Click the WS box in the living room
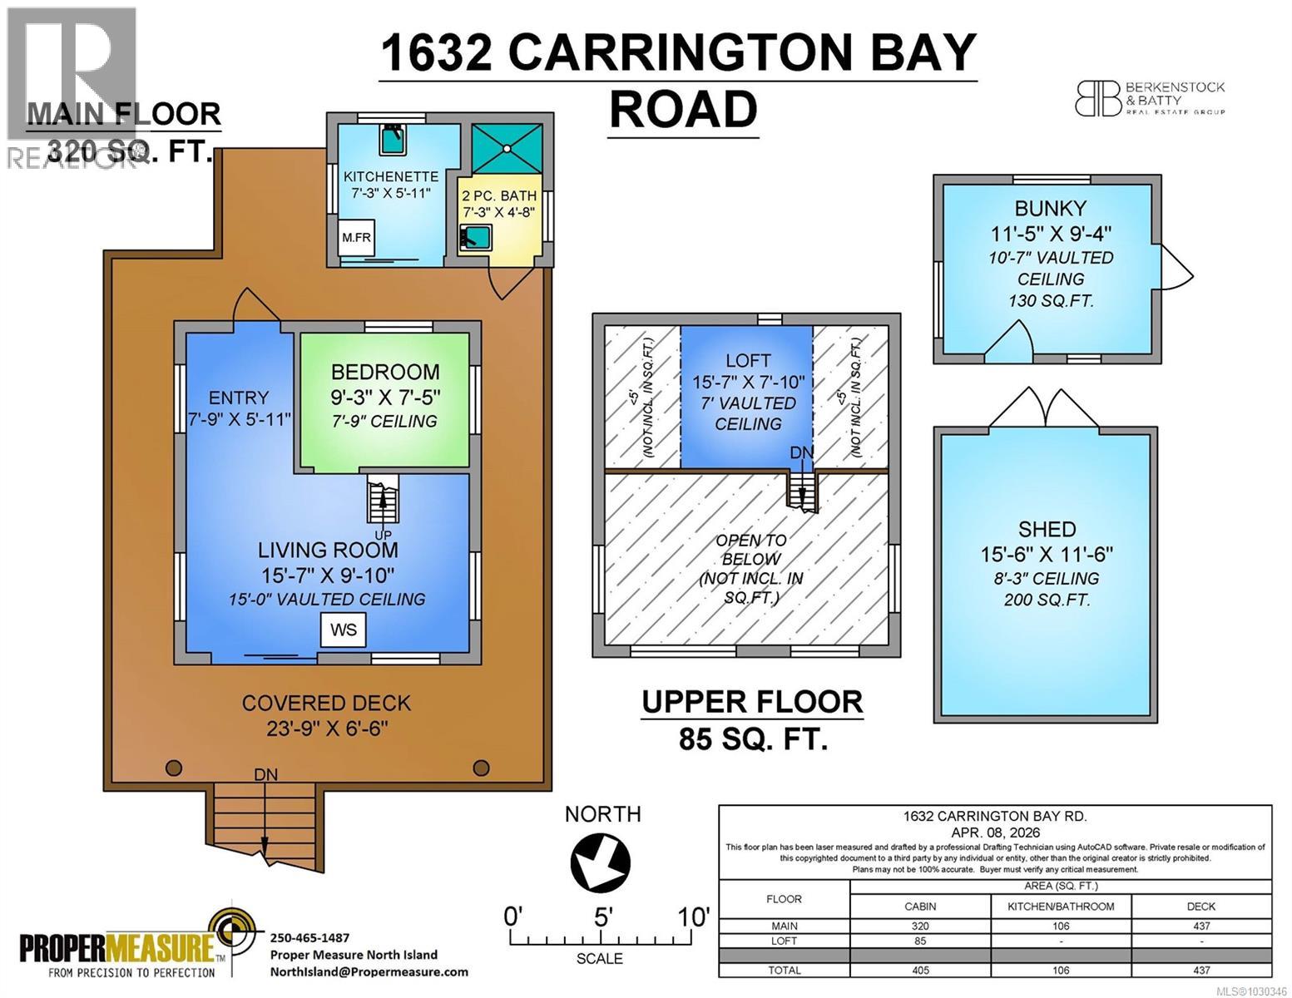pos(344,630)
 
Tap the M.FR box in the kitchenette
pos(356,238)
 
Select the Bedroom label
pos(384,372)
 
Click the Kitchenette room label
pos(390,176)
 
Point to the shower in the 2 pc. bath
pos(507,149)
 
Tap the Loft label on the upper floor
pos(748,360)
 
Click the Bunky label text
pos(1050,208)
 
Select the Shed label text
pos(1047,529)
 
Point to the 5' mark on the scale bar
pos(604,918)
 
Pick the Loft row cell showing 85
pos(920,941)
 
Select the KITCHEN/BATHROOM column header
pos(1060,907)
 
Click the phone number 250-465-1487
pos(310,936)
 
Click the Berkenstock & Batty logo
pos(1149,98)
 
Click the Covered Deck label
pos(326,703)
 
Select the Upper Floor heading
pos(752,702)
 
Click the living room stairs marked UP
pos(383,499)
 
